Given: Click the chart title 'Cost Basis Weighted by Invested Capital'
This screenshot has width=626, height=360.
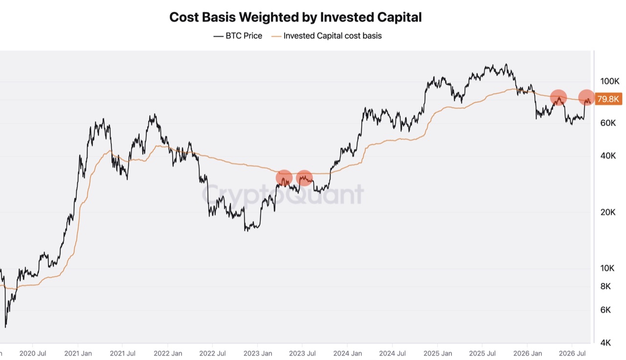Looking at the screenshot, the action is (295, 17).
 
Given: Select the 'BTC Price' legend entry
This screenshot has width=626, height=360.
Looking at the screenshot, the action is (238, 36).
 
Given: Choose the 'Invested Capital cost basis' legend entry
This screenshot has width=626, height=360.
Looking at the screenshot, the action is (326, 36).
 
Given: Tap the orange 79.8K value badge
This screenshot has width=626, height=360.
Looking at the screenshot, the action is (608, 99).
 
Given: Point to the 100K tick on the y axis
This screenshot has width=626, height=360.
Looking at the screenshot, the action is (610, 81).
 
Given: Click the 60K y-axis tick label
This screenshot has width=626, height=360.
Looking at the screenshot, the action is (608, 123).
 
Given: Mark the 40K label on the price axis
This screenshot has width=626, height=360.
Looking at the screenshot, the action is (608, 156).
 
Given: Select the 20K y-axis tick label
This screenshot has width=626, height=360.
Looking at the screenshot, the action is (608, 212).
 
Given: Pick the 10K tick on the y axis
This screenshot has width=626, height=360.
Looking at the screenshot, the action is (607, 269).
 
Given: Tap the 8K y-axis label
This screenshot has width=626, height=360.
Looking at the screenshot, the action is (605, 286).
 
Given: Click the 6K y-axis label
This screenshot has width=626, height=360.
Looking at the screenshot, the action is (605, 310).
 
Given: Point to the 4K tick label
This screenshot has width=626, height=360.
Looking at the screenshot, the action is (605, 343).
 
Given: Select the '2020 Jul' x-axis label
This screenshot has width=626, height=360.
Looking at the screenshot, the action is (33, 353).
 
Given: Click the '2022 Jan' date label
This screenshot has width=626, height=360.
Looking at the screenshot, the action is (168, 353).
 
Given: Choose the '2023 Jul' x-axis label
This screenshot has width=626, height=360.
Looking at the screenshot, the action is (302, 353).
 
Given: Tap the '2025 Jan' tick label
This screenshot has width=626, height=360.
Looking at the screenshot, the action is (438, 353).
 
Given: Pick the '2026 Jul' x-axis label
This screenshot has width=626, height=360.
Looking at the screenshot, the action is (572, 353).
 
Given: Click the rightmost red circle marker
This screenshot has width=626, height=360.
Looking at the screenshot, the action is (586, 97).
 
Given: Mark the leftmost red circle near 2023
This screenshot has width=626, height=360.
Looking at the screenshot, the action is (284, 178).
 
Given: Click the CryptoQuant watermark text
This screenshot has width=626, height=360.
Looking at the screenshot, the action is (283, 195).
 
